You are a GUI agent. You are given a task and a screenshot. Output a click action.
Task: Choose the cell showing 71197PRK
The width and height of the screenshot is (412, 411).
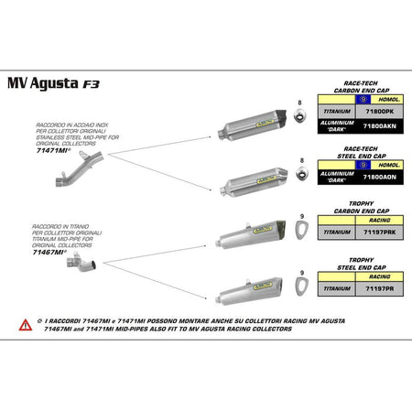pos(379,233)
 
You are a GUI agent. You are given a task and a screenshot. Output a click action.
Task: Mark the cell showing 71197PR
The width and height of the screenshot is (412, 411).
pos(379,287)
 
